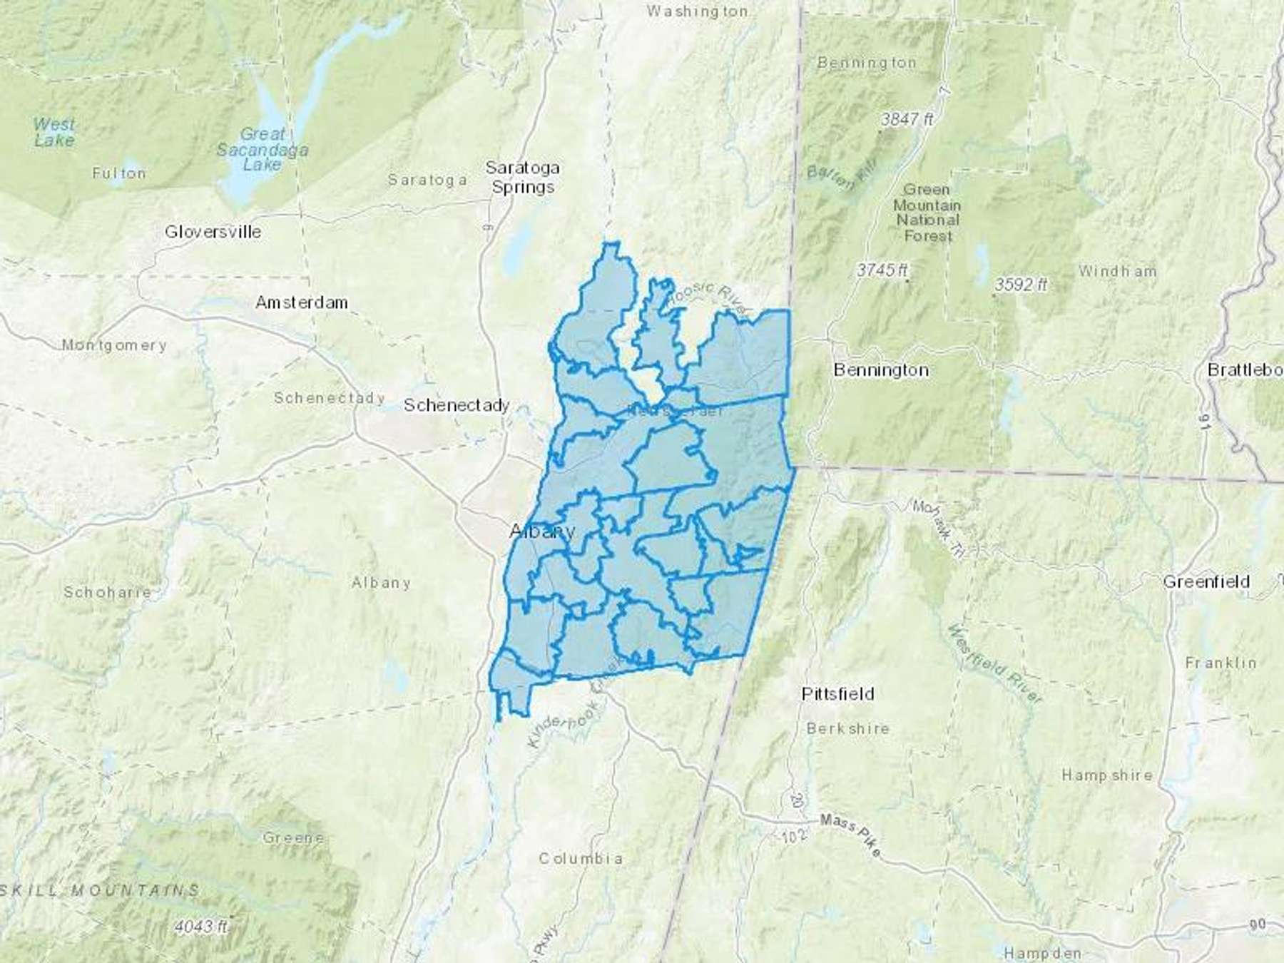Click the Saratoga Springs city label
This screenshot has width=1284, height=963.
pyautogui.click(x=523, y=178)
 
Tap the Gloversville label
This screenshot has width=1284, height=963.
pyautogui.click(x=213, y=232)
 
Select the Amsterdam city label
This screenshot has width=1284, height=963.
pyautogui.click(x=302, y=302)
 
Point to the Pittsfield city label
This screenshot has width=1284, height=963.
pyautogui.click(x=837, y=694)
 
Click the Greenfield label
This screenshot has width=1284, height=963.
pyautogui.click(x=1206, y=582)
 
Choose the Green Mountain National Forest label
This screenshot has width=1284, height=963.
pyautogui.click(x=927, y=213)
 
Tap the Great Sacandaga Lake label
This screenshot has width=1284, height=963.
pyautogui.click(x=263, y=149)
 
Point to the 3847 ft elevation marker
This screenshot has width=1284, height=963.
pyautogui.click(x=906, y=120)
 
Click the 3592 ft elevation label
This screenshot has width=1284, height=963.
pyautogui.click(x=1021, y=285)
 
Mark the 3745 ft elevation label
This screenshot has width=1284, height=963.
pyautogui.click(x=882, y=270)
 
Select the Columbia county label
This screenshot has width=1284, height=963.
pyautogui.click(x=580, y=858)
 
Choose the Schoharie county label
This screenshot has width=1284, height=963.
pyautogui.click(x=107, y=592)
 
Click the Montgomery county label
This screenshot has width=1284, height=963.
pyautogui.click(x=114, y=345)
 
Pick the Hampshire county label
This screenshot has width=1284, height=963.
pyautogui.click(x=1106, y=775)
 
